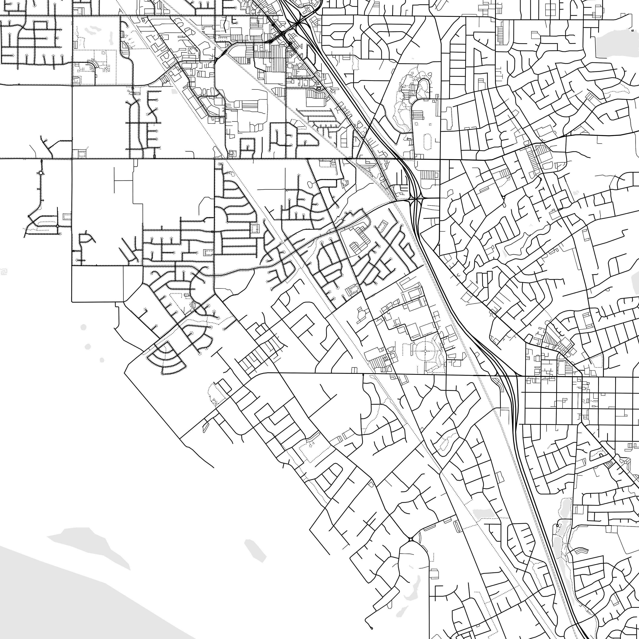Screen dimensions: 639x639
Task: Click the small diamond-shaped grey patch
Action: pos(255,551)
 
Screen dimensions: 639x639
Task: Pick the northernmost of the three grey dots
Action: pos(83,327)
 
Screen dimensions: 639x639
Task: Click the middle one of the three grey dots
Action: pos(88,347)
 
